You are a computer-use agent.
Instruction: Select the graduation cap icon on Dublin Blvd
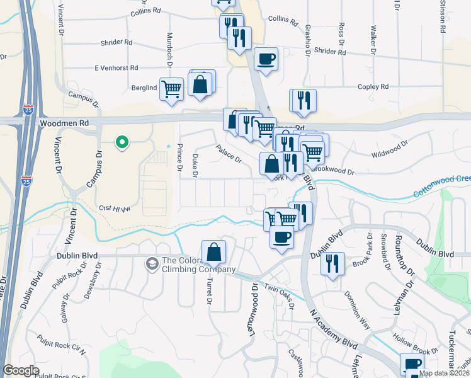[152, 263]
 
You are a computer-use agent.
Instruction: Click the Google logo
[21, 370]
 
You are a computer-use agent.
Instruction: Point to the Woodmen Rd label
[60, 124]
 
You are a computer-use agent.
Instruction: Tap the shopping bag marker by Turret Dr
[213, 252]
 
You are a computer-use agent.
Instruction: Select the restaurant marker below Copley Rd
[304, 100]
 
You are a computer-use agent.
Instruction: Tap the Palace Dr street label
[229, 154]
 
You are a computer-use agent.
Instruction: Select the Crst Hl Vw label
[115, 208]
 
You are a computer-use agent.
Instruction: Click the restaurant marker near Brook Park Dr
[332, 263]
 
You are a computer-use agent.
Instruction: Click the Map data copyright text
[444, 373]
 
